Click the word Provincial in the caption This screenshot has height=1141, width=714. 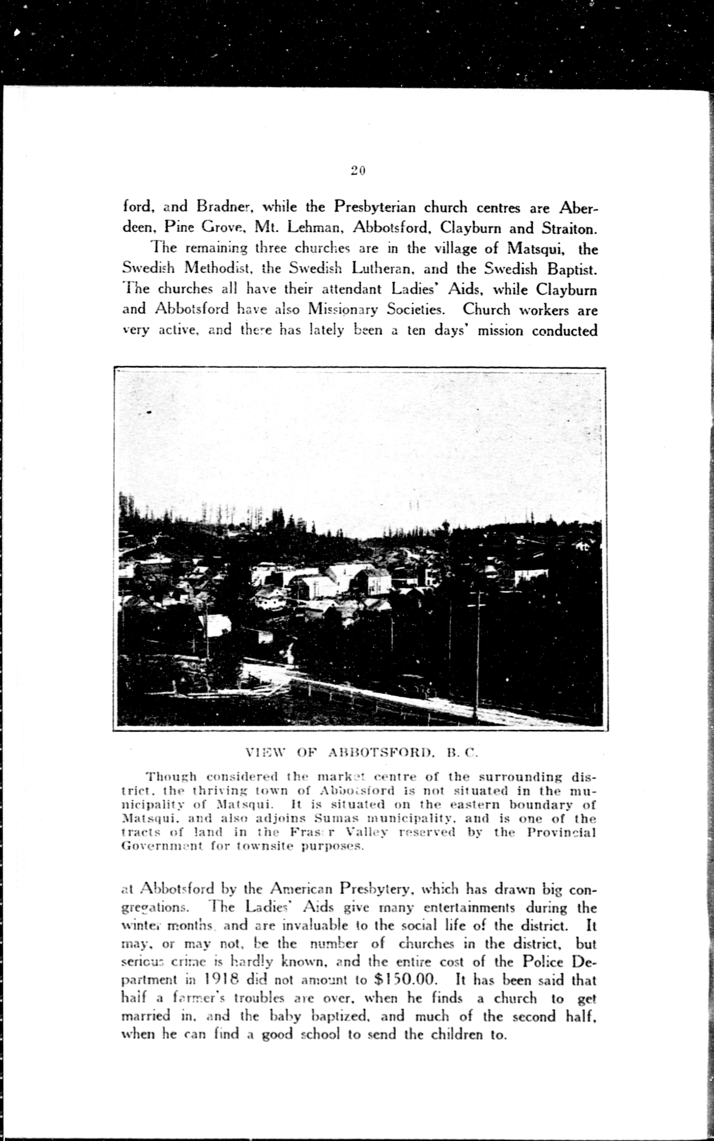pos(561,832)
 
